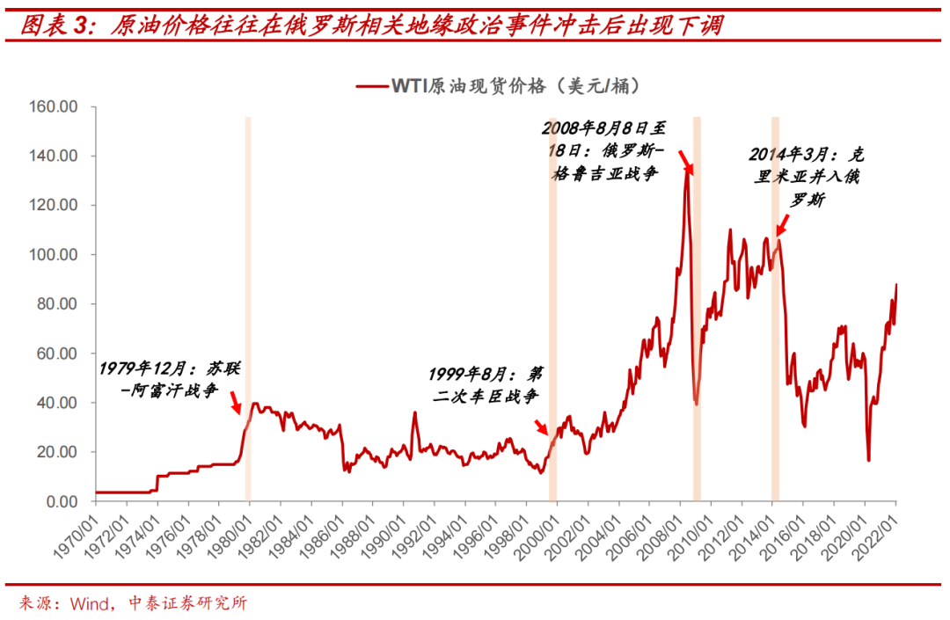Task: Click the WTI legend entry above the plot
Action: tap(497, 85)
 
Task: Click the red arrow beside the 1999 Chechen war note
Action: tap(541, 427)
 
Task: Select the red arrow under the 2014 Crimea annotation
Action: tap(781, 230)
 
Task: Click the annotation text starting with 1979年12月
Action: tap(169, 378)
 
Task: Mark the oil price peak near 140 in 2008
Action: tap(686, 165)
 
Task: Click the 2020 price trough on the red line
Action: tap(869, 460)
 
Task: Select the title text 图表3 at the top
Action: tap(55, 24)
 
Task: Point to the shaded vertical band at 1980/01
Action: tap(248, 308)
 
